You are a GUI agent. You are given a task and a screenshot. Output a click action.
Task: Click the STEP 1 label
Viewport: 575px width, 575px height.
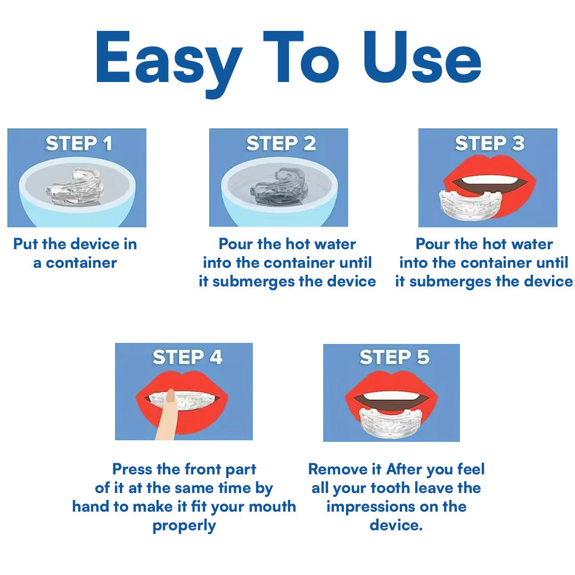[x=78, y=144]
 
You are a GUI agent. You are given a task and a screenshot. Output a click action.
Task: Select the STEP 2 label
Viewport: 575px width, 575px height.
[x=281, y=144]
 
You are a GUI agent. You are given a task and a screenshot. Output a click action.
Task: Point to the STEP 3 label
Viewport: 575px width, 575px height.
[x=489, y=144]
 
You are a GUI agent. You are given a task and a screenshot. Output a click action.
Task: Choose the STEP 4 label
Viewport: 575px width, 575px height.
[x=187, y=357]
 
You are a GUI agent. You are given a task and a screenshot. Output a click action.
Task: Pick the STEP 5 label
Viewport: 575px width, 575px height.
[x=394, y=357]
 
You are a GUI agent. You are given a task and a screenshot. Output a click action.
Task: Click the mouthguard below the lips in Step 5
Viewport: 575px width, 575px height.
[x=391, y=423]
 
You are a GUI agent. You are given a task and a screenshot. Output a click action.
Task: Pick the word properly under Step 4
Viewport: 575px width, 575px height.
[x=184, y=525]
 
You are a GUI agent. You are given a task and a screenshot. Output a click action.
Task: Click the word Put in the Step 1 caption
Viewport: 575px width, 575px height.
[x=25, y=244]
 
